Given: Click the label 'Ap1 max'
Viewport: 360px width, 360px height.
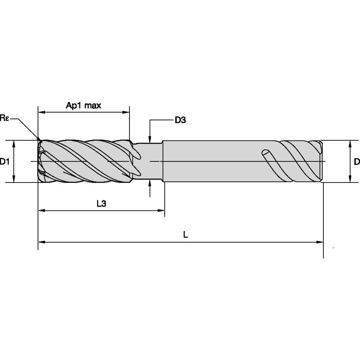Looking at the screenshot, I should [x=83, y=105].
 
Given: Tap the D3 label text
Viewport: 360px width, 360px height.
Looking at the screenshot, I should [x=180, y=121].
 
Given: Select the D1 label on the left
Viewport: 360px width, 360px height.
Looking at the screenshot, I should [x=5, y=161].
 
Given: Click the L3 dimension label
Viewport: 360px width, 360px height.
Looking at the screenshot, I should [x=101, y=204].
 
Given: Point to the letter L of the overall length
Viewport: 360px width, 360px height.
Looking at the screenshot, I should [x=185, y=235].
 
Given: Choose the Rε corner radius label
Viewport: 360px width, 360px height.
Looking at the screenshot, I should [x=5, y=118].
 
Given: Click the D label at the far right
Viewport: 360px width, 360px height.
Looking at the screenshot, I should [x=357, y=161].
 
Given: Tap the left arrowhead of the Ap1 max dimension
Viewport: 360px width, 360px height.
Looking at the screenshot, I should [x=41, y=113].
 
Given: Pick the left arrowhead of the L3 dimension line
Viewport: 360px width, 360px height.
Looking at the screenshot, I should [x=41, y=210].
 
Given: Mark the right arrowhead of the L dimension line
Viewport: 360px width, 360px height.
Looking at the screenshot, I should [x=320, y=242].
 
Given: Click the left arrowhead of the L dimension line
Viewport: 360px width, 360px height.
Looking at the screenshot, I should [x=41, y=242].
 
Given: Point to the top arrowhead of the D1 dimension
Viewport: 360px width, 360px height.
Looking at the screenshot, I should [x=14, y=143].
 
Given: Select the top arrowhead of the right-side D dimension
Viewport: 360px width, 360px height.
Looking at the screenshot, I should [x=350, y=143].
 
